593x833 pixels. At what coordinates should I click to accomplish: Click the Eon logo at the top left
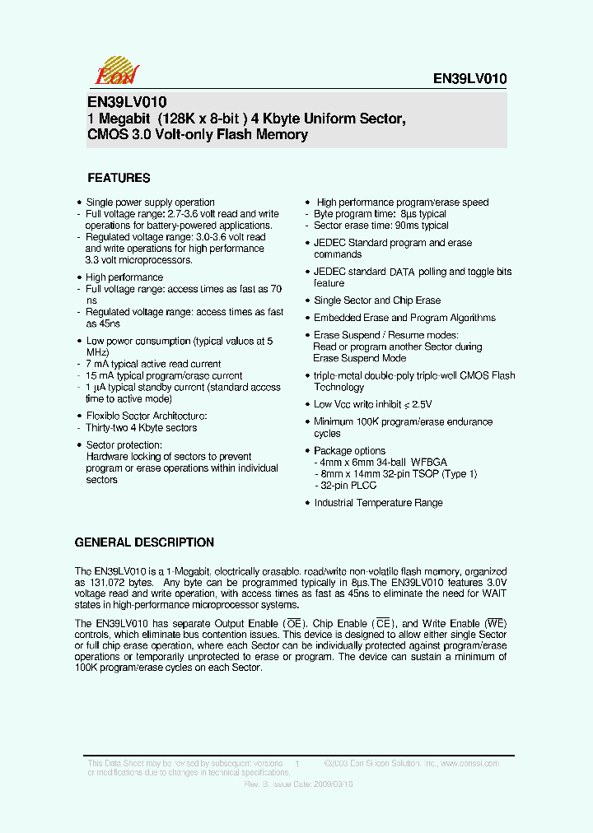pyautogui.click(x=116, y=72)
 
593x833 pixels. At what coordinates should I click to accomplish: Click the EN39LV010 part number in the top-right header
pyautogui.click(x=469, y=79)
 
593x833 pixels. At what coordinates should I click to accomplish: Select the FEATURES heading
pyautogui.click(x=119, y=178)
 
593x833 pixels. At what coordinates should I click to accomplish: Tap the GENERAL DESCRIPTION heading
pyautogui.click(x=144, y=542)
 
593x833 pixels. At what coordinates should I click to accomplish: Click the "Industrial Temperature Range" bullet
pyautogui.click(x=378, y=503)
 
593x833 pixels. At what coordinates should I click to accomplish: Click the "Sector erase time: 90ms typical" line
pyautogui.click(x=381, y=226)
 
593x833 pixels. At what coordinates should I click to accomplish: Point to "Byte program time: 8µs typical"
pyautogui.click(x=380, y=214)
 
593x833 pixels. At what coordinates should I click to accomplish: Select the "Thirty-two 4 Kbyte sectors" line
pyautogui.click(x=142, y=428)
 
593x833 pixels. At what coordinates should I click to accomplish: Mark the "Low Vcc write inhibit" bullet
pyautogui.click(x=372, y=404)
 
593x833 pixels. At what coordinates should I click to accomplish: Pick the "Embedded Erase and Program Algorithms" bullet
pyautogui.click(x=404, y=318)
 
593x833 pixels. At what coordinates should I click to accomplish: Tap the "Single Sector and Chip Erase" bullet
pyautogui.click(x=377, y=300)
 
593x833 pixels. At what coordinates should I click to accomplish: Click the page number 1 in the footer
pyautogui.click(x=296, y=765)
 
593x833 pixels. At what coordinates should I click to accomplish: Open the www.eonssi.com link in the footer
pyautogui.click(x=470, y=764)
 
